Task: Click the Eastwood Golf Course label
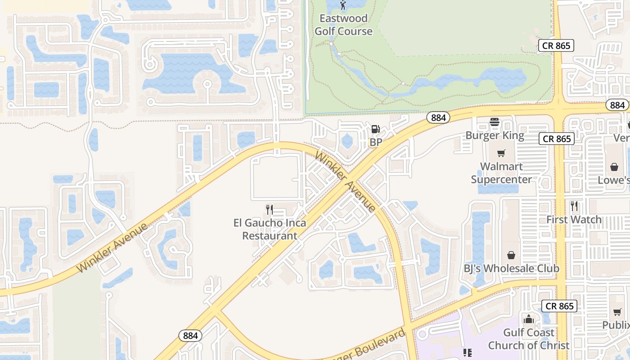coord(343,25)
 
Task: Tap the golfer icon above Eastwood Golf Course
coord(343,5)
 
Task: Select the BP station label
coord(376,142)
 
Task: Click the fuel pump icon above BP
coord(375,130)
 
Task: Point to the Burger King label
coord(495,135)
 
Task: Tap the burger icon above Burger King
coord(495,122)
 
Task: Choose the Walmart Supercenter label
coord(501,173)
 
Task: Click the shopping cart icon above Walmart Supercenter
coord(501,153)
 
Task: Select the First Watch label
coord(574,220)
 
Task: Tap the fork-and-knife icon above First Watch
coord(574,206)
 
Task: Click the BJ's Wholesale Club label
coord(511,269)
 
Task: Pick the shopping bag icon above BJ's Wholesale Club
coord(511,255)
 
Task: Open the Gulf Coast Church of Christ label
coord(529,339)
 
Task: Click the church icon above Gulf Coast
coord(529,319)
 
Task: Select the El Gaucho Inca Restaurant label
coord(270,229)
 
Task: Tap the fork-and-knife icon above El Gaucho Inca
coord(270,209)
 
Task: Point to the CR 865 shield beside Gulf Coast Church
coord(559,306)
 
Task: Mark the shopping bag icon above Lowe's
coord(614,167)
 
